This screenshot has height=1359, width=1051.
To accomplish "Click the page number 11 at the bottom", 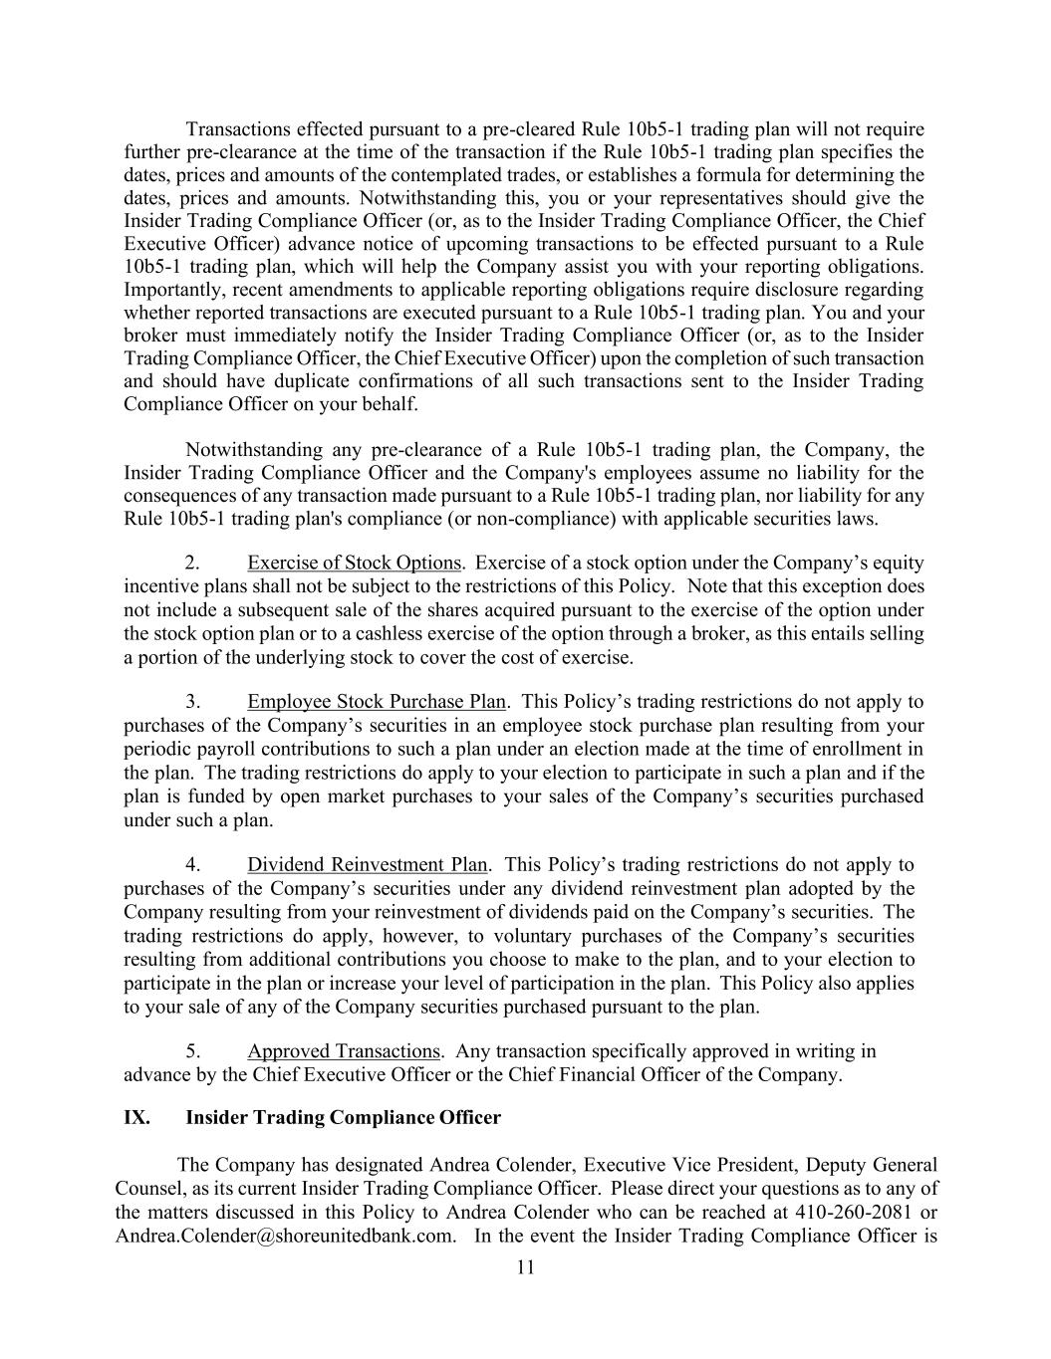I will [526, 1267].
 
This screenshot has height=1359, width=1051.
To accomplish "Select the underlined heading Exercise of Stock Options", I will [355, 563].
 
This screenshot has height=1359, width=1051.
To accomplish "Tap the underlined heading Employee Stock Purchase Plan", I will [377, 702].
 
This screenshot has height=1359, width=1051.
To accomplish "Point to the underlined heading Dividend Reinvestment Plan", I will [368, 864].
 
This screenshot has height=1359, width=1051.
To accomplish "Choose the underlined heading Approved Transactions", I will [344, 1051].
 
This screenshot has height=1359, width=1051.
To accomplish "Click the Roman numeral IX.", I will [136, 1117].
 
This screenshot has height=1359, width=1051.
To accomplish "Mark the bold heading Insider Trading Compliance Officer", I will [343, 1117].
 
